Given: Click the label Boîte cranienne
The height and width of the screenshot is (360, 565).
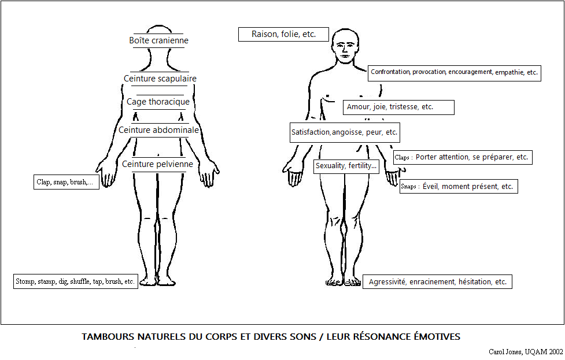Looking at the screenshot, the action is pyautogui.click(x=158, y=40).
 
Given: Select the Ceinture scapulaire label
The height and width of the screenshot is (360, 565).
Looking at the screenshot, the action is pyautogui.click(x=160, y=79).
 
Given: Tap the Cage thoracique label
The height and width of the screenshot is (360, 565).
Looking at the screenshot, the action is pyautogui.click(x=158, y=102).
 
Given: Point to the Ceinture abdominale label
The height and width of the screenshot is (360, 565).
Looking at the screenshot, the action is pyautogui.click(x=158, y=130).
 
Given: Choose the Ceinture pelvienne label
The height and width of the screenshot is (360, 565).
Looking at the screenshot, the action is pyautogui.click(x=157, y=164).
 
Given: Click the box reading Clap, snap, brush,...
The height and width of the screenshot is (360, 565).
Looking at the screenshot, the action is pyautogui.click(x=65, y=182).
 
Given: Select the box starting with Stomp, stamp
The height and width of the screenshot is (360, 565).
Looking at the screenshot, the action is pyautogui.click(x=75, y=282).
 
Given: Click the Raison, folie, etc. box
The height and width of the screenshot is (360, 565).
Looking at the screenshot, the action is pyautogui.click(x=283, y=34).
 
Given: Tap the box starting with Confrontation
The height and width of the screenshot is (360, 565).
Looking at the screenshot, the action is pyautogui.click(x=454, y=73).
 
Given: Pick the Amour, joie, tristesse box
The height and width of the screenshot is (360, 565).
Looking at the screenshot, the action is pyautogui.click(x=398, y=107).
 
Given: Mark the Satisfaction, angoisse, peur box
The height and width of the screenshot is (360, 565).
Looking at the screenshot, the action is pyautogui.click(x=345, y=132).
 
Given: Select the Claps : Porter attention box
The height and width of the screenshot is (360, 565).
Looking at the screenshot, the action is pyautogui.click(x=461, y=157).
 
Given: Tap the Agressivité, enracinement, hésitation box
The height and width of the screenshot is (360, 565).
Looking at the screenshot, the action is pyautogui.click(x=437, y=282).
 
